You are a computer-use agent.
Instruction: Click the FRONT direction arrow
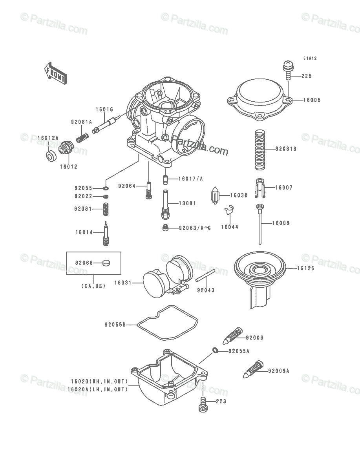(x=56, y=73)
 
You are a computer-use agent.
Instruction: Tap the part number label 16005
(x=312, y=100)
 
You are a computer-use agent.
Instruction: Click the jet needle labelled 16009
(x=259, y=224)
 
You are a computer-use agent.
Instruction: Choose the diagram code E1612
(x=310, y=58)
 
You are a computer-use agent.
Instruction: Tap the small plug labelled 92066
(x=106, y=263)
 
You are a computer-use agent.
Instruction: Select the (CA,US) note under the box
(x=93, y=286)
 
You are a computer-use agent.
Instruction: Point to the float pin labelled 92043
(x=205, y=276)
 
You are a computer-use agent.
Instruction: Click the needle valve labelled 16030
(x=215, y=195)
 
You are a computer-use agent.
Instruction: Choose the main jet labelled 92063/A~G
(x=165, y=227)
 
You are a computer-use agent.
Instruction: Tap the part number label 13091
(x=188, y=203)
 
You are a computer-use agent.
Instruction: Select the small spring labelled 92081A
(x=82, y=138)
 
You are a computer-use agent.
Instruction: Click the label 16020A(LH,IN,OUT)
(x=98, y=389)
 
